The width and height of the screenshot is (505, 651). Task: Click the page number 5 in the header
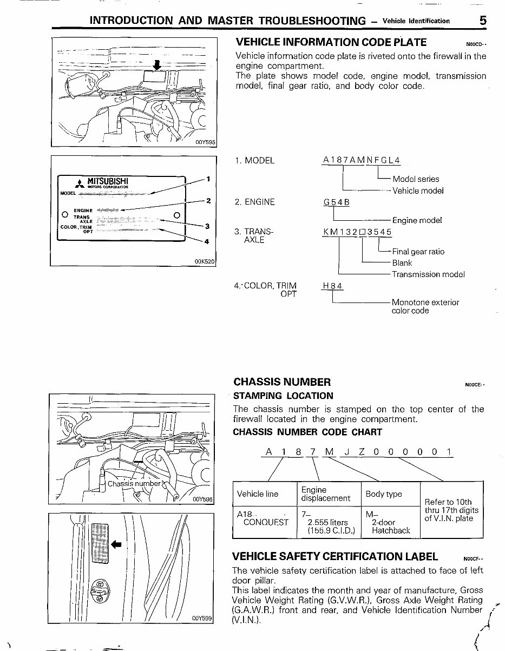coord(482,20)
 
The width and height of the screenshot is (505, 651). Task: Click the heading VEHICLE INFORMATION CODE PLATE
coord(331,42)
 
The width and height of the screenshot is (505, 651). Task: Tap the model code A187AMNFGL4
coord(361,160)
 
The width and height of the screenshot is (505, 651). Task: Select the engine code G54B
coord(336,202)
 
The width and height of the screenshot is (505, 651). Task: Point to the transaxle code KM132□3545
coord(357,232)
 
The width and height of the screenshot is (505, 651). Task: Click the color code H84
coord(332,286)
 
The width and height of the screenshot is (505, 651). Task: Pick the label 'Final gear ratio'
coord(418,252)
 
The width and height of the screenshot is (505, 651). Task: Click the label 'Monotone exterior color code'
coord(425,306)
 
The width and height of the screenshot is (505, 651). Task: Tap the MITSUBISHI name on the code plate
coord(108,180)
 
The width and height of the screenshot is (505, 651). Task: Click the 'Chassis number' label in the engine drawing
coord(134,483)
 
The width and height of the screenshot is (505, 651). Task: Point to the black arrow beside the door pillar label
coord(116,543)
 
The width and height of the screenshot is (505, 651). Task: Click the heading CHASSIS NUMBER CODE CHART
coord(307,432)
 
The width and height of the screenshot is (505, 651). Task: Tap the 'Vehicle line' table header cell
coord(258,494)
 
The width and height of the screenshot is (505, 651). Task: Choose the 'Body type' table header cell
coord(384,494)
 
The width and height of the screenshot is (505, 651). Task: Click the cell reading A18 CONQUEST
coord(263,518)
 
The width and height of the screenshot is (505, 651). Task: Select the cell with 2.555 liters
coord(327,523)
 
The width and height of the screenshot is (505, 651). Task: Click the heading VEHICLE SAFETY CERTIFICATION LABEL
coord(335,556)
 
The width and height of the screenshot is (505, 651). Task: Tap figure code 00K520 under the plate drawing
coord(204,261)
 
